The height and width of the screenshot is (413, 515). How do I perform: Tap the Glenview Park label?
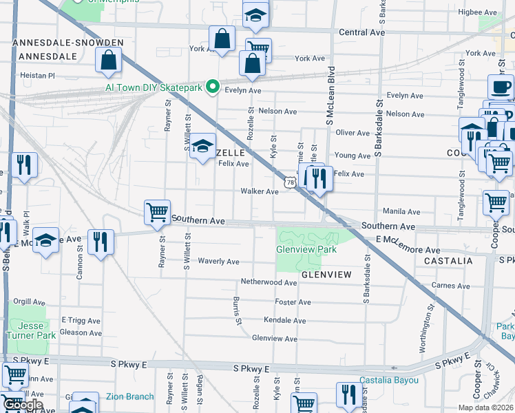tap(306, 250)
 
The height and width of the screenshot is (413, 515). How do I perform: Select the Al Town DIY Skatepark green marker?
tap(213, 87)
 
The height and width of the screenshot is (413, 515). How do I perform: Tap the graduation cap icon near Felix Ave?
tap(202, 146)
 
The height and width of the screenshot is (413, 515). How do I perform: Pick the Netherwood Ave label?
tap(269, 282)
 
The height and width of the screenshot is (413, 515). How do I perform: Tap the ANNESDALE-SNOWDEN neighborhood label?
tap(67, 43)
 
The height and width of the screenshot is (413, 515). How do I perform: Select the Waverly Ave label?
tap(218, 262)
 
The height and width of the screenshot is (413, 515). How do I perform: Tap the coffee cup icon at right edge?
tap(501, 86)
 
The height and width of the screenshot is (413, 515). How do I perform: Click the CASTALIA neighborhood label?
tap(448, 262)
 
